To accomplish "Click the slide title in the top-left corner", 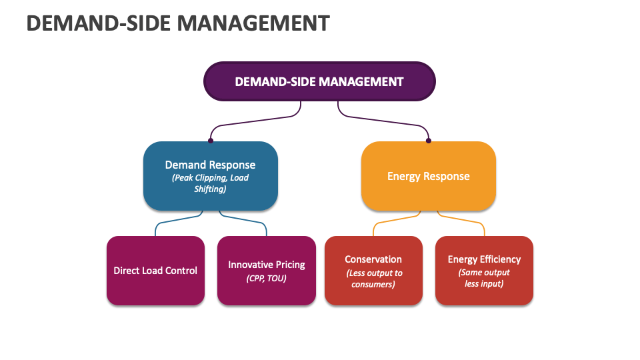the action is tap(178, 23).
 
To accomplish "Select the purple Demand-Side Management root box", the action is tap(319, 81).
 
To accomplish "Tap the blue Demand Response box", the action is tap(211, 176).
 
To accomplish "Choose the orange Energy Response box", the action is tap(429, 176).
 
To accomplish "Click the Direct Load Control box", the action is tap(155, 270).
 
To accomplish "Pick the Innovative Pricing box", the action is tap(267, 270).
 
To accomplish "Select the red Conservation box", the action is tap(373, 270).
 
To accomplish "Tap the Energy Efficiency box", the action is tap(484, 270).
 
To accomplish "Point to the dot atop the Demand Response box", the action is tap(211, 141).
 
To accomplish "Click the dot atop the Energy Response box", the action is tap(429, 141).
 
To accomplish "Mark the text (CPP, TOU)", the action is tap(266, 279).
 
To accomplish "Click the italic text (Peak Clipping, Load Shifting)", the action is tap(210, 183).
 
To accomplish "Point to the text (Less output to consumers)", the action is tap(374, 279).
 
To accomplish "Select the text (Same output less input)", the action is tap(484, 278).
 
